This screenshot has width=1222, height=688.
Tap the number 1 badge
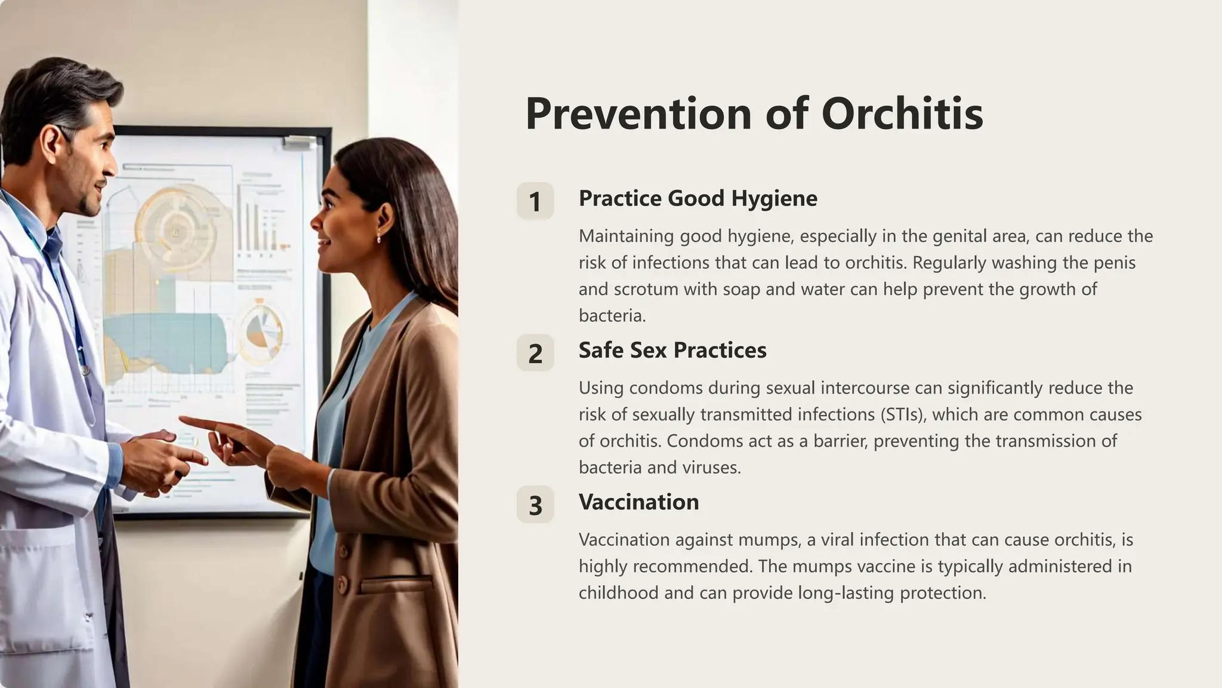(535, 201)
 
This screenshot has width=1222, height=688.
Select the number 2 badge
(535, 353)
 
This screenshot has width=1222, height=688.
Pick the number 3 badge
(535, 505)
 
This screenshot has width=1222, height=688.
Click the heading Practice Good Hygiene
(698, 198)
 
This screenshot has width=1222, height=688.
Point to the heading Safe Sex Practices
(672, 350)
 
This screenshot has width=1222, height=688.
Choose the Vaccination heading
(638, 502)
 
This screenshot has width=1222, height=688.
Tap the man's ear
(51, 145)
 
